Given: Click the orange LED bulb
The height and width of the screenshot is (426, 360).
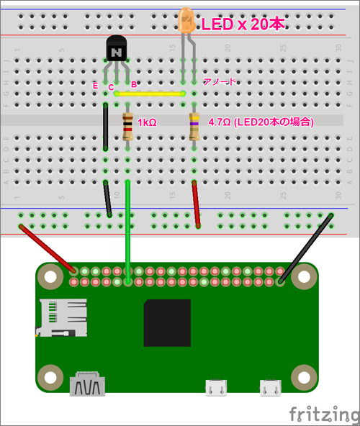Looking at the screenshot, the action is [186, 21].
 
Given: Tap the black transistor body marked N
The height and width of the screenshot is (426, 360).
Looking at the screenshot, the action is [117, 48].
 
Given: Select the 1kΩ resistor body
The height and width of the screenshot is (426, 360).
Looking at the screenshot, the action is [127, 127].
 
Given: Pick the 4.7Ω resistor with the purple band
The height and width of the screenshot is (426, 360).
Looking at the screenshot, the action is [194, 127].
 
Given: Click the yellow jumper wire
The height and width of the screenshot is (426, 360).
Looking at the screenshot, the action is [150, 94].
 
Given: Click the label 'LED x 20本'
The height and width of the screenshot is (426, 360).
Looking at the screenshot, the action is [243, 24].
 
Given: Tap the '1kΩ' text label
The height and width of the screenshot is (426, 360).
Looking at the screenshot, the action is [147, 122].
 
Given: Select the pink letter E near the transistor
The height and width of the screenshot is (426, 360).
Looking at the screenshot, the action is [95, 86].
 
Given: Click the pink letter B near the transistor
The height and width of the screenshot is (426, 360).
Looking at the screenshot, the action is [134, 84].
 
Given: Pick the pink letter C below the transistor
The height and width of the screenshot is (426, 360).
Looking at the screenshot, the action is [111, 88].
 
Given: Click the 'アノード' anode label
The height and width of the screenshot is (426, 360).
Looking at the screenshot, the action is [220, 81].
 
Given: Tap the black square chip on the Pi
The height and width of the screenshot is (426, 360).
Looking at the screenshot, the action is [167, 323].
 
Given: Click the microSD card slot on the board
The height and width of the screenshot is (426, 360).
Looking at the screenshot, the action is [61, 317].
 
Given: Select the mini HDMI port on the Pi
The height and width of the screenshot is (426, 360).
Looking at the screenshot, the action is [87, 384].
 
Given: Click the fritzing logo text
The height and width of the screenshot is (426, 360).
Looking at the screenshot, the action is [324, 415].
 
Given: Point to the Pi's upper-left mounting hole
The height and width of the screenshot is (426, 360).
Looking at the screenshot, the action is [50, 277].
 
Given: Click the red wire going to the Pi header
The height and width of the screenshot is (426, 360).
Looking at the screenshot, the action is [47, 248].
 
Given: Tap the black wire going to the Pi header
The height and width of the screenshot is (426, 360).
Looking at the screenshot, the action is [306, 249].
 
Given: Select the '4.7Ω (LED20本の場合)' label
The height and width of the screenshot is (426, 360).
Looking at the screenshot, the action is [261, 122].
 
